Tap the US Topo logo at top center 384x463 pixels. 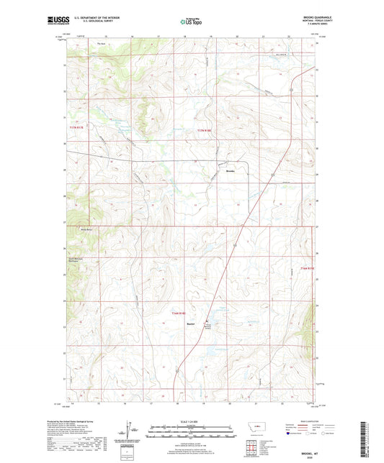[x=189, y=22]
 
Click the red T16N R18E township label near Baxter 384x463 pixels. [x=179, y=313]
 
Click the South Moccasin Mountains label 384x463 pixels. [x=77, y=260]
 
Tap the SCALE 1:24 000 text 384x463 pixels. [x=192, y=422]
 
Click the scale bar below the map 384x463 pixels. [x=192, y=434]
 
